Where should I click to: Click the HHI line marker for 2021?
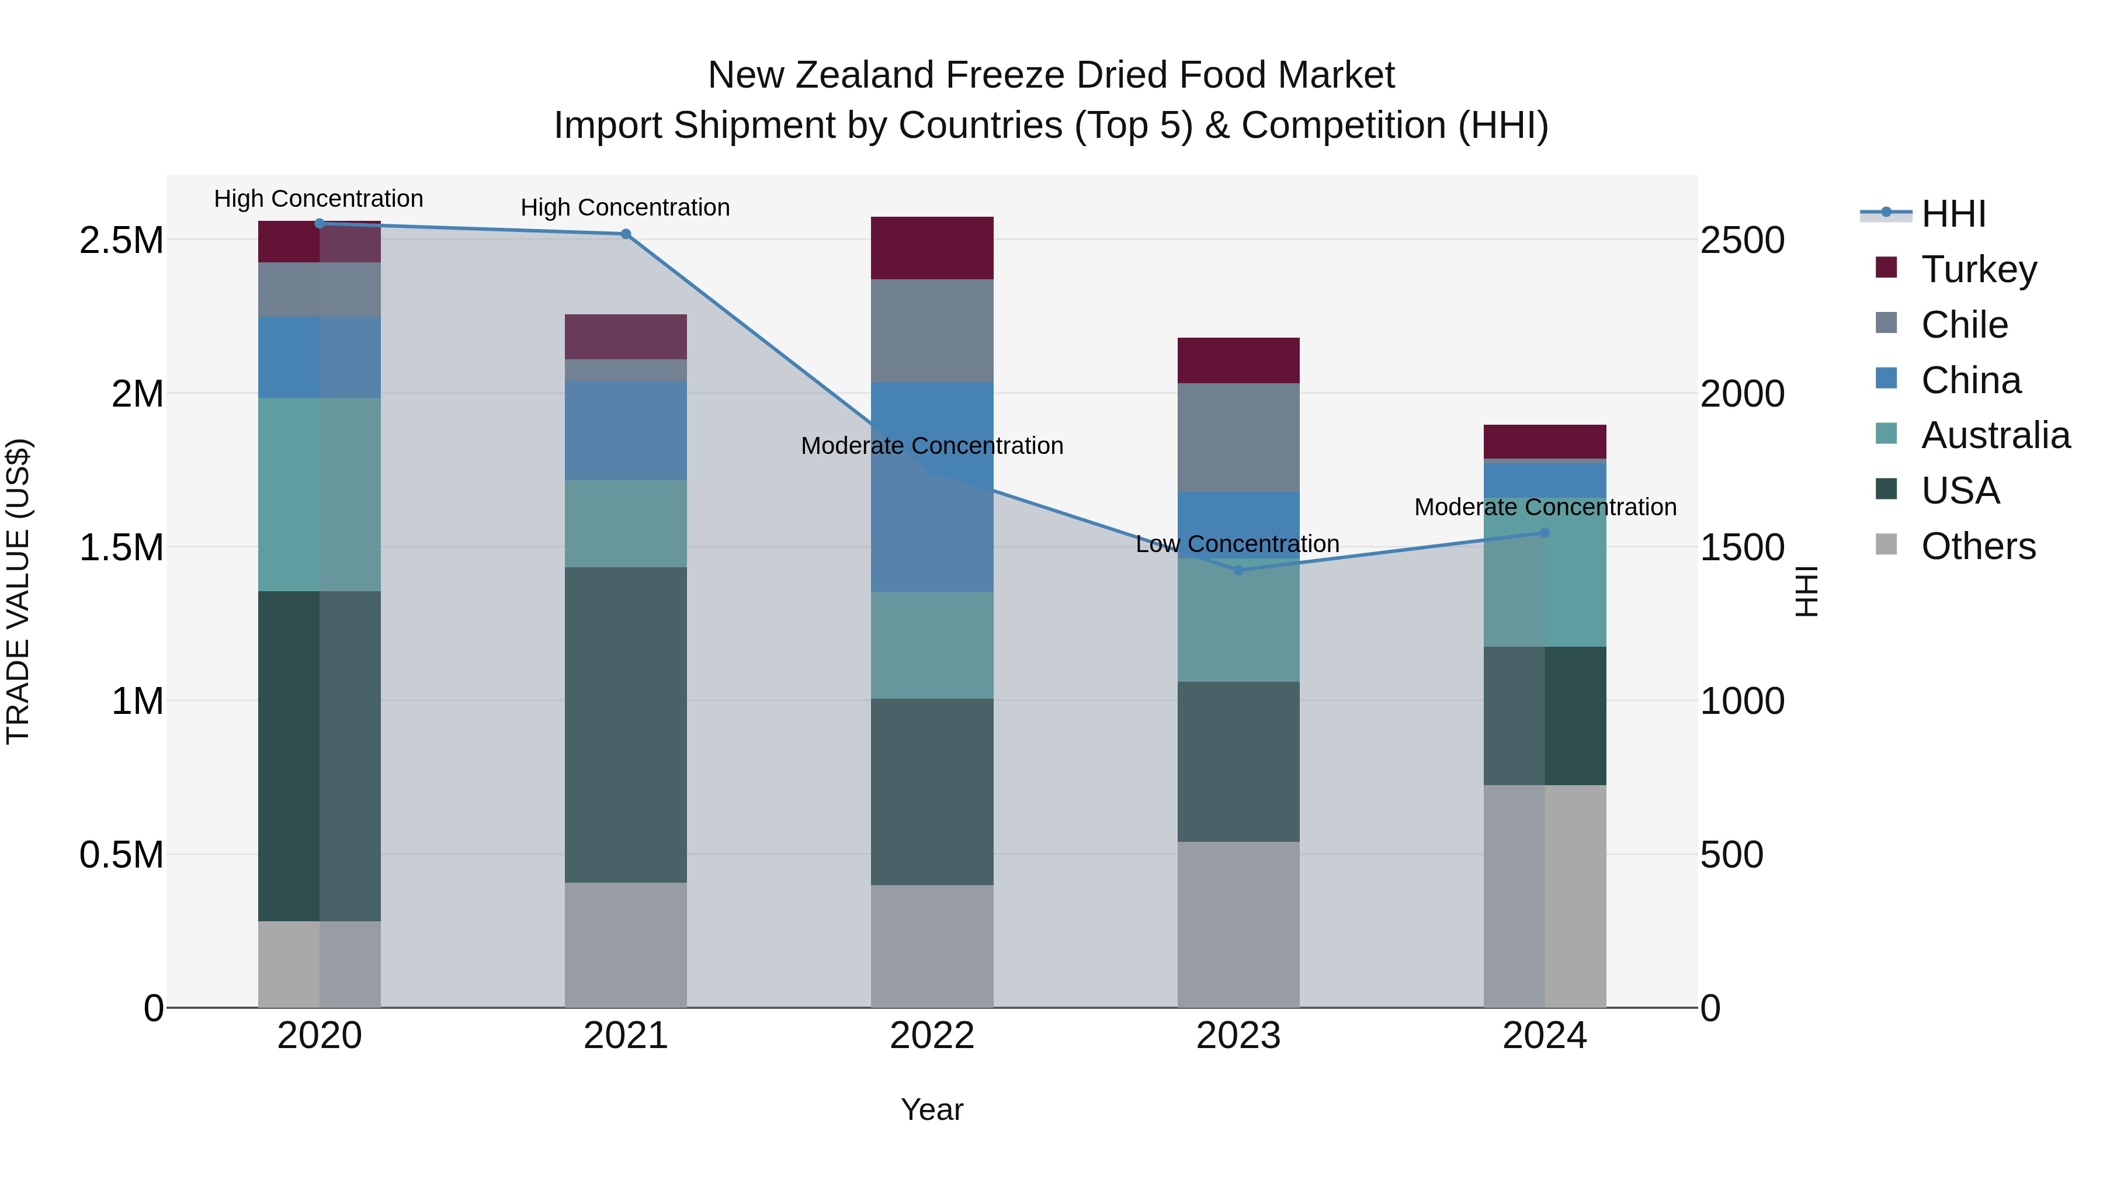[625, 234]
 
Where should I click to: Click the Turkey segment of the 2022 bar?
[932, 248]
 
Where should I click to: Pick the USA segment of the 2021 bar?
[625, 724]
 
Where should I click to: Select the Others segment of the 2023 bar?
[1238, 924]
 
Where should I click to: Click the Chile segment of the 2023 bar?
[1238, 438]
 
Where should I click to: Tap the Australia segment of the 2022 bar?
[932, 645]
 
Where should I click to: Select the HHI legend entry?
[1953, 214]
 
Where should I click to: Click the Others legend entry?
[1977, 546]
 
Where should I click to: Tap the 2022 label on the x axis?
[932, 1036]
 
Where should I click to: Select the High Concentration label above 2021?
[624, 207]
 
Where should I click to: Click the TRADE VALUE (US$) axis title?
[19, 591]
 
